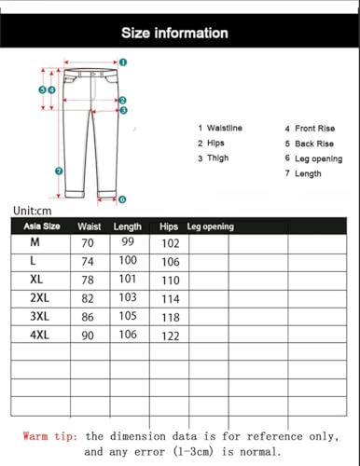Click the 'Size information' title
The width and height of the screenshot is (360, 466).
coord(174,33)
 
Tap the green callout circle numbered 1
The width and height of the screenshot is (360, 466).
coord(123,62)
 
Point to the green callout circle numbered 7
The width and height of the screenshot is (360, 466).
coord(59,171)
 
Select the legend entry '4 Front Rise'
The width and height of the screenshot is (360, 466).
coord(312,129)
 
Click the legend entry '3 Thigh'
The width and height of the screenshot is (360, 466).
coord(213,158)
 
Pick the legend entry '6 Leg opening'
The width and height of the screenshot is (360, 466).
coord(313,158)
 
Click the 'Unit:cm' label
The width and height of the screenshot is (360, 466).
coord(34,212)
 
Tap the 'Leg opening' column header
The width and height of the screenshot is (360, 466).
coord(210,226)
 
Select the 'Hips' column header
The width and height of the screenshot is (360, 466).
coord(169,226)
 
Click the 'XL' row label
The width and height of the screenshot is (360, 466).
coord(37,279)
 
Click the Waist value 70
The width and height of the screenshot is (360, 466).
coord(89,243)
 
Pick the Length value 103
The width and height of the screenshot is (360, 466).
coord(128,298)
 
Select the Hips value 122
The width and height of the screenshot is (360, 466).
coord(170,336)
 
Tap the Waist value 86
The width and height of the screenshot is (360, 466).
coord(89,317)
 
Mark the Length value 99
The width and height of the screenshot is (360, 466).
coord(128,243)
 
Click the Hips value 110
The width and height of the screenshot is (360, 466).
coord(170,280)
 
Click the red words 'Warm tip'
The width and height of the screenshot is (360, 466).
coord(50,435)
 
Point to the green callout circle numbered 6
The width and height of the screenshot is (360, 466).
coord(122,199)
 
